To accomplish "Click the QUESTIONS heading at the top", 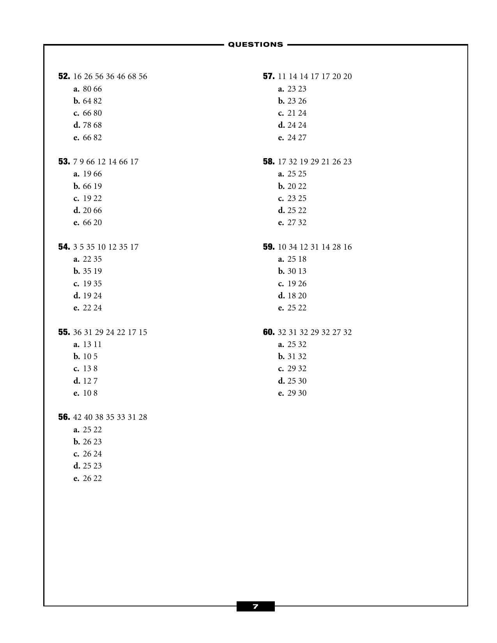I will coord(255,44).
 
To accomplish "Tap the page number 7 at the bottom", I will coord(255,606).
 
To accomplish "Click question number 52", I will coord(64,76).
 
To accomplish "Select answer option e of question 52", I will coord(88,137).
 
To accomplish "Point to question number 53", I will coord(64,162).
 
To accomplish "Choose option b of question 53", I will coord(88,186).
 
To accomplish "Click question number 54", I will coord(64,247).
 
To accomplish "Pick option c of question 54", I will coord(88,284).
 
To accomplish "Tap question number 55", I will coord(64,332).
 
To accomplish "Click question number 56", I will coord(64,417).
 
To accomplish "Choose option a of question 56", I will coord(88,430).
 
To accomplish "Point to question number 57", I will coord(269,76).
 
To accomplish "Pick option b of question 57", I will coord(293,101).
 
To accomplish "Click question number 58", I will coord(269,162).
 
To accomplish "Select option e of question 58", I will coord(293,222).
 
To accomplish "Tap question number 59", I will coord(269,247).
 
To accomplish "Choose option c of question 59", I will coord(293,284).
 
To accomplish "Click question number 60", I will coord(269,332).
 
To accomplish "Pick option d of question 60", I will coord(293,381).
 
